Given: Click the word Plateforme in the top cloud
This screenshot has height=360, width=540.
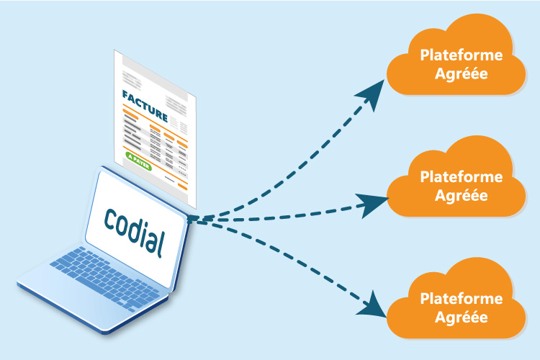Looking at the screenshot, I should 454,55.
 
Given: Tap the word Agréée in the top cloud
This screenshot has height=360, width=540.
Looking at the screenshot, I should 454,74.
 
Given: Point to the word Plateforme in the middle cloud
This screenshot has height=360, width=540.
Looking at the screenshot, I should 454,176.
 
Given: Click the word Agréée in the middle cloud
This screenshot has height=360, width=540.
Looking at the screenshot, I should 454,195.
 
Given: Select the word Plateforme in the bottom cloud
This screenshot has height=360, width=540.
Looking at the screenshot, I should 454,298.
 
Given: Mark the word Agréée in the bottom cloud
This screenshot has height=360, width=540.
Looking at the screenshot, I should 454,317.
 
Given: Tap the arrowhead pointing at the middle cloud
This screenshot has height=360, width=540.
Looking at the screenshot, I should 375,206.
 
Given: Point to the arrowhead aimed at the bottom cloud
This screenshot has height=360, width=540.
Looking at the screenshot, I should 372,307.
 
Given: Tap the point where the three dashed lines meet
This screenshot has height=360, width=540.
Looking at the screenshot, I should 193,218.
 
